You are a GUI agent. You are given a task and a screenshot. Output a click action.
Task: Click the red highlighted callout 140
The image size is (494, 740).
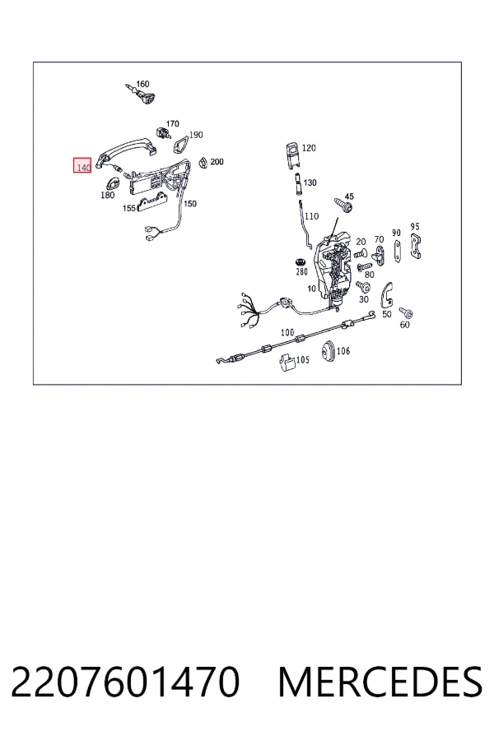click(x=82, y=165)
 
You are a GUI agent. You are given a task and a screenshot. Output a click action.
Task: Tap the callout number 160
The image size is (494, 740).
click(x=142, y=84)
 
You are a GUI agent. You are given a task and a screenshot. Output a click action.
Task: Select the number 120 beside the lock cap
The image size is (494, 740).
click(x=308, y=148)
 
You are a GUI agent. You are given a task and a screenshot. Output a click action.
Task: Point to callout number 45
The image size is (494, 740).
click(x=349, y=197)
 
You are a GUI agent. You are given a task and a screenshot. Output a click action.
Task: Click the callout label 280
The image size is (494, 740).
click(x=301, y=271)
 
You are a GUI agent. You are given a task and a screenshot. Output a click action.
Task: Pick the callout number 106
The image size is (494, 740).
click(x=343, y=351)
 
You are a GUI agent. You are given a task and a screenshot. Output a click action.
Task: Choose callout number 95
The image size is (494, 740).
click(x=415, y=227)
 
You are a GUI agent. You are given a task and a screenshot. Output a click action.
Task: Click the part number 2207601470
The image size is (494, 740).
click(x=125, y=682)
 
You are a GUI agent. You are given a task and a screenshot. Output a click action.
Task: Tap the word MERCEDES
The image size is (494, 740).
click(x=380, y=682)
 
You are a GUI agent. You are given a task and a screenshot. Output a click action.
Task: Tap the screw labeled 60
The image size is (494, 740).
click(x=406, y=312)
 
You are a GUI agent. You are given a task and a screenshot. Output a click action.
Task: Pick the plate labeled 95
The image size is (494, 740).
click(x=416, y=246)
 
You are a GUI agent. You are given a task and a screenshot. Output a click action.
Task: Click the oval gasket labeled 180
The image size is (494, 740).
click(x=113, y=183)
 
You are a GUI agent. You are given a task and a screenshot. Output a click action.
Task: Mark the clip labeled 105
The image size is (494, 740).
click(x=287, y=363)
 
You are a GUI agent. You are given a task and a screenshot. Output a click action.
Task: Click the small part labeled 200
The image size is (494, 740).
click(x=203, y=162)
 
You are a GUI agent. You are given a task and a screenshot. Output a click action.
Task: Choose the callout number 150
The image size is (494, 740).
click(x=190, y=204)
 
